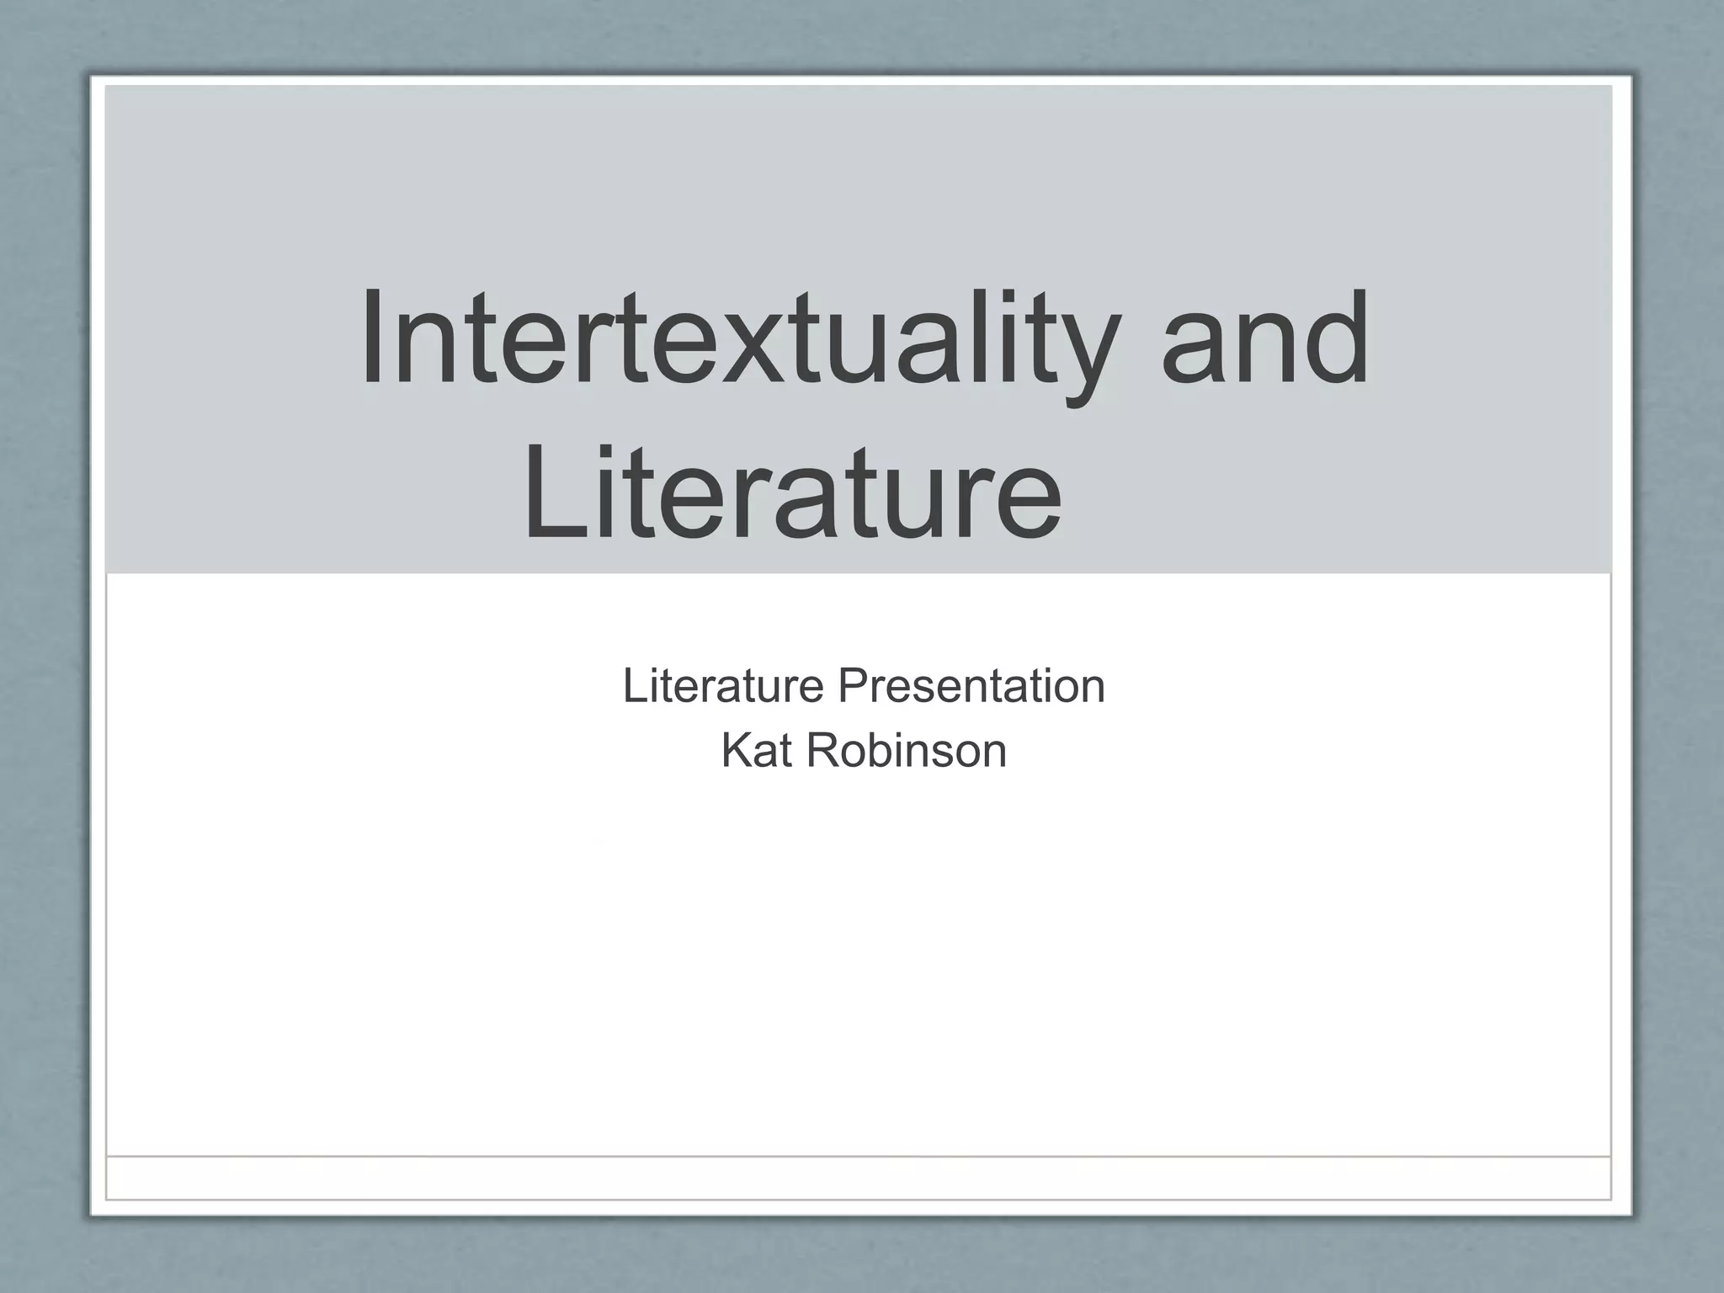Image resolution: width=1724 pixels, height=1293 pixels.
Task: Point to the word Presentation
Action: (x=971, y=686)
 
